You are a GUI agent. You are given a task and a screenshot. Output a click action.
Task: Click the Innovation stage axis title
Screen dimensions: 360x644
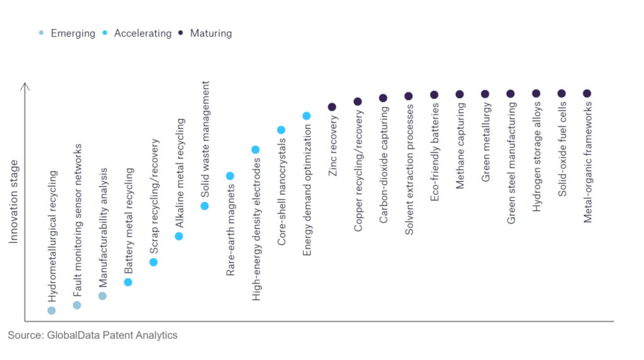14,201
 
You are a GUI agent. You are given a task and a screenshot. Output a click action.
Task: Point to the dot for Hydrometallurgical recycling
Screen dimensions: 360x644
52,310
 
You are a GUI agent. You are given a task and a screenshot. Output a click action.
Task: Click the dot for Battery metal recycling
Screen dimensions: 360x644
128,282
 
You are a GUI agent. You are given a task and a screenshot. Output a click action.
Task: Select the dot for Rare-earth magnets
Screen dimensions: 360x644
230,176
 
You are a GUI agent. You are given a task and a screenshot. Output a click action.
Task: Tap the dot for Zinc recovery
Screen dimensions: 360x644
332,107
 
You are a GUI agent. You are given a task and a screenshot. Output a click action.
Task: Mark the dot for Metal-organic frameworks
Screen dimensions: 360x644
587,93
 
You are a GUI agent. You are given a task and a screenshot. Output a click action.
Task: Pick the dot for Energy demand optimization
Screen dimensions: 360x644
307,116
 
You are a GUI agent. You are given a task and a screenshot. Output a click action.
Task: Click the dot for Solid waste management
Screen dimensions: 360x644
204,206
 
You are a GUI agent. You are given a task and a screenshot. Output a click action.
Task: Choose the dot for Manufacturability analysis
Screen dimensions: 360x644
103,296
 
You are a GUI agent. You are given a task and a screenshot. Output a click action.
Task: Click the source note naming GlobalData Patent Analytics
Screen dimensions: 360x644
92,335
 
